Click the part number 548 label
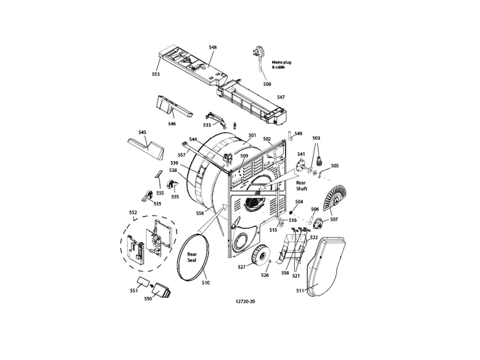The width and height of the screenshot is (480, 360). [213, 48]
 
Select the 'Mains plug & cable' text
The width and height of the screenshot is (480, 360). [282, 65]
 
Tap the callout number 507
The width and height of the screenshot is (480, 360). [334, 219]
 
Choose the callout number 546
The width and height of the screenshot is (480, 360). [172, 124]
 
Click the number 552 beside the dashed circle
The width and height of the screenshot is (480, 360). [133, 213]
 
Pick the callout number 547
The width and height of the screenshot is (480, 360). [281, 97]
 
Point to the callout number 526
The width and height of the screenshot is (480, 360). [265, 276]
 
